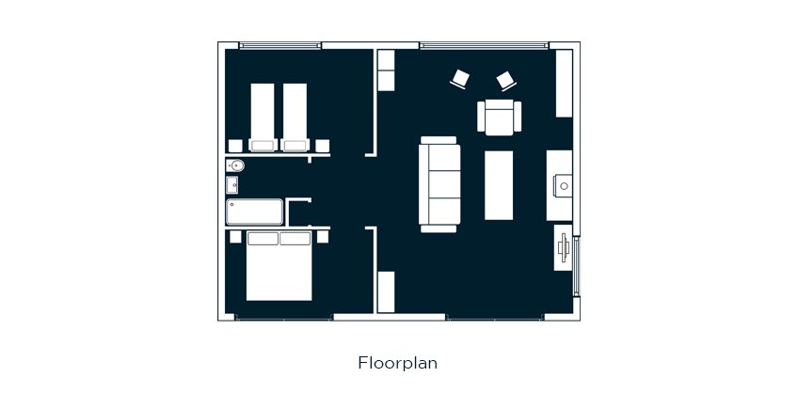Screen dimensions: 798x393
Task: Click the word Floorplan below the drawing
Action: click(397, 363)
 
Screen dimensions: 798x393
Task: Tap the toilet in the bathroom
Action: click(235, 165)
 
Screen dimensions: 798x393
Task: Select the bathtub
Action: click(254, 212)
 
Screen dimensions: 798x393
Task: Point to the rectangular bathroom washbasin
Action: click(232, 184)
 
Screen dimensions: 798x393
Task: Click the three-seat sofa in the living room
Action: click(439, 184)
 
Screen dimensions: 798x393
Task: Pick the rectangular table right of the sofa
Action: click(499, 185)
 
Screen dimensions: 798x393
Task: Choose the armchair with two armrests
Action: click(500, 118)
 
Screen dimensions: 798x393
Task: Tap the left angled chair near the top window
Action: click(459, 79)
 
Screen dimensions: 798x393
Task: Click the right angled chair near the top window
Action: click(507, 80)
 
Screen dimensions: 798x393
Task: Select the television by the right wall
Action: click(564, 247)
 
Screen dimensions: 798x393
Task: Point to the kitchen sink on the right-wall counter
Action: click(564, 185)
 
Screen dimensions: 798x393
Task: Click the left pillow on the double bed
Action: click(263, 239)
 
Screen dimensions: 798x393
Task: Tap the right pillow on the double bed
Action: click(295, 239)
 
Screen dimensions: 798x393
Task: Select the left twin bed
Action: click(263, 118)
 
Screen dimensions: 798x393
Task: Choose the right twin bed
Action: click(295, 118)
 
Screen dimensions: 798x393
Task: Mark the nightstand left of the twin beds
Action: click(235, 146)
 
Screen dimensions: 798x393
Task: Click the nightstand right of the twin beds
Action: click(322, 146)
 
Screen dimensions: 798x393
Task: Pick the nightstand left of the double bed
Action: click(235, 236)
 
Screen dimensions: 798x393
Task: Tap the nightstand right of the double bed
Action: click(323, 236)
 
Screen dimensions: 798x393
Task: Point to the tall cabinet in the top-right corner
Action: click(564, 84)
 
